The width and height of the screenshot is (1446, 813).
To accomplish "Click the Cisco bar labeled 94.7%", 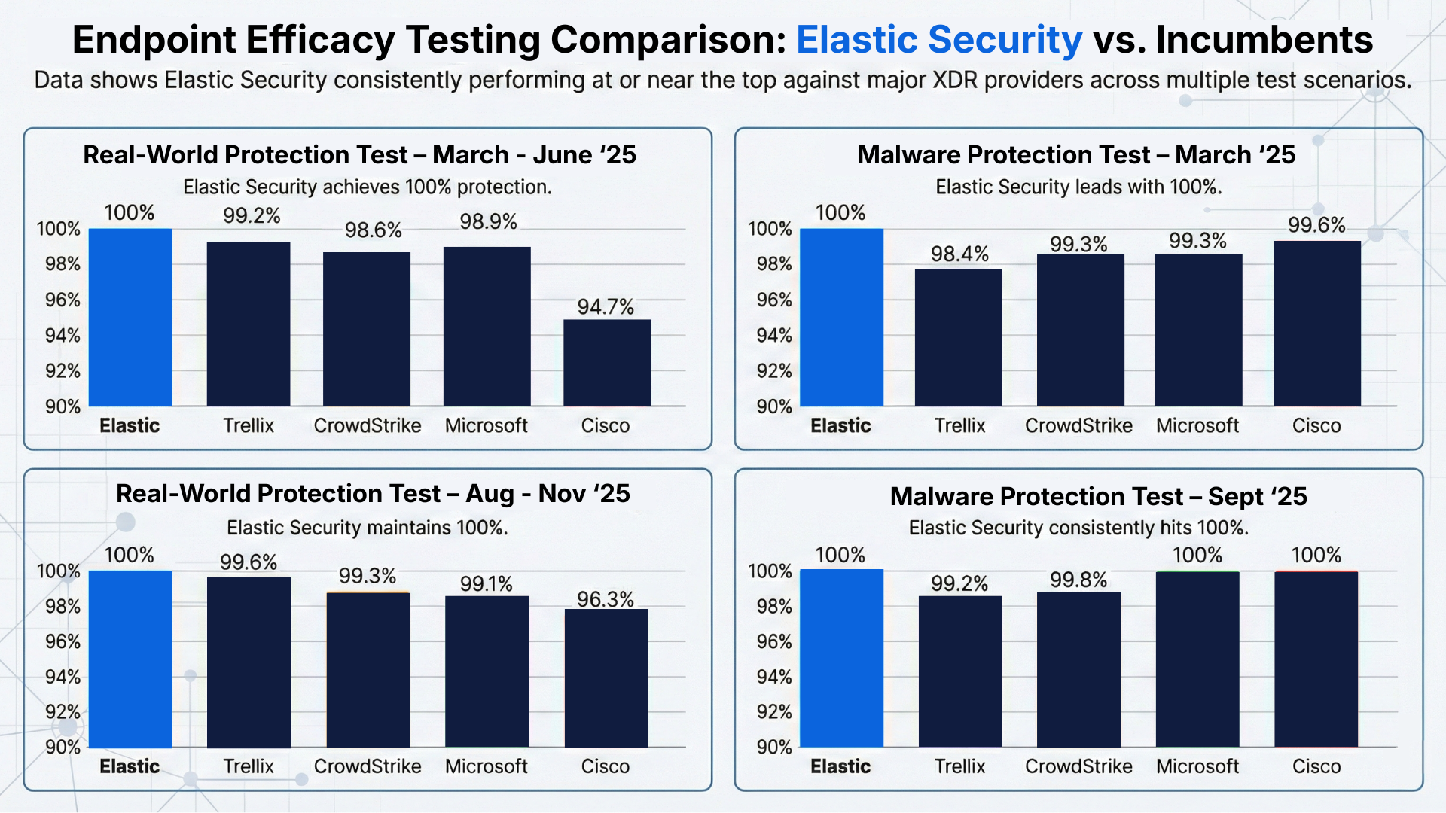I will (x=607, y=363).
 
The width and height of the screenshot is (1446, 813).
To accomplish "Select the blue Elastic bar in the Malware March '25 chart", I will (x=841, y=317).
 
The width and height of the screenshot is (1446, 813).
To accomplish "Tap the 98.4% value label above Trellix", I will (x=959, y=254).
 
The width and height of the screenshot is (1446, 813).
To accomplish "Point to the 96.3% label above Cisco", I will (x=606, y=599).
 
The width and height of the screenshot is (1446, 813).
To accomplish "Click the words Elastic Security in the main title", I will (x=938, y=40).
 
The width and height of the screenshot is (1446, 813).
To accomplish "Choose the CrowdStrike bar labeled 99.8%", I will (x=1078, y=669).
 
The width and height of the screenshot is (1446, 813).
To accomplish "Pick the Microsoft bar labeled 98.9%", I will (x=487, y=326).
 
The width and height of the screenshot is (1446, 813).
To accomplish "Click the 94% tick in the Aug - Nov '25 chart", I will (x=63, y=677).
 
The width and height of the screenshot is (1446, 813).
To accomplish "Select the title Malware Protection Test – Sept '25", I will (x=1098, y=497).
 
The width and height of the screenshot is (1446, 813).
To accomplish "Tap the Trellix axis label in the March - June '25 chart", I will (x=249, y=426).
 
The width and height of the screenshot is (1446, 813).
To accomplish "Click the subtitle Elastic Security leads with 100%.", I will (x=1078, y=187).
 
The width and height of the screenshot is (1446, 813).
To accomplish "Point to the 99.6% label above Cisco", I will (x=1316, y=225).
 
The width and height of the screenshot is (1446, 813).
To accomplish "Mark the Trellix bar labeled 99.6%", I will (x=249, y=662).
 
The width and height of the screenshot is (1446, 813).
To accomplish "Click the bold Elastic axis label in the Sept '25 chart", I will (x=840, y=766).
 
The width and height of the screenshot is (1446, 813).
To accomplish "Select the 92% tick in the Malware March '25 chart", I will (x=774, y=371).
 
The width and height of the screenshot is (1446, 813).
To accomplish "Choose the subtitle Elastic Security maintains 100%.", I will (x=367, y=528).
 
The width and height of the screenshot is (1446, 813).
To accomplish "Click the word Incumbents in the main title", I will (x=1264, y=40).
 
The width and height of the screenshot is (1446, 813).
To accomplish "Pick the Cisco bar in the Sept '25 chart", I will (x=1316, y=659).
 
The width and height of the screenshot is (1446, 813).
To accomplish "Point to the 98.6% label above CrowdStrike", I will (x=373, y=230).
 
